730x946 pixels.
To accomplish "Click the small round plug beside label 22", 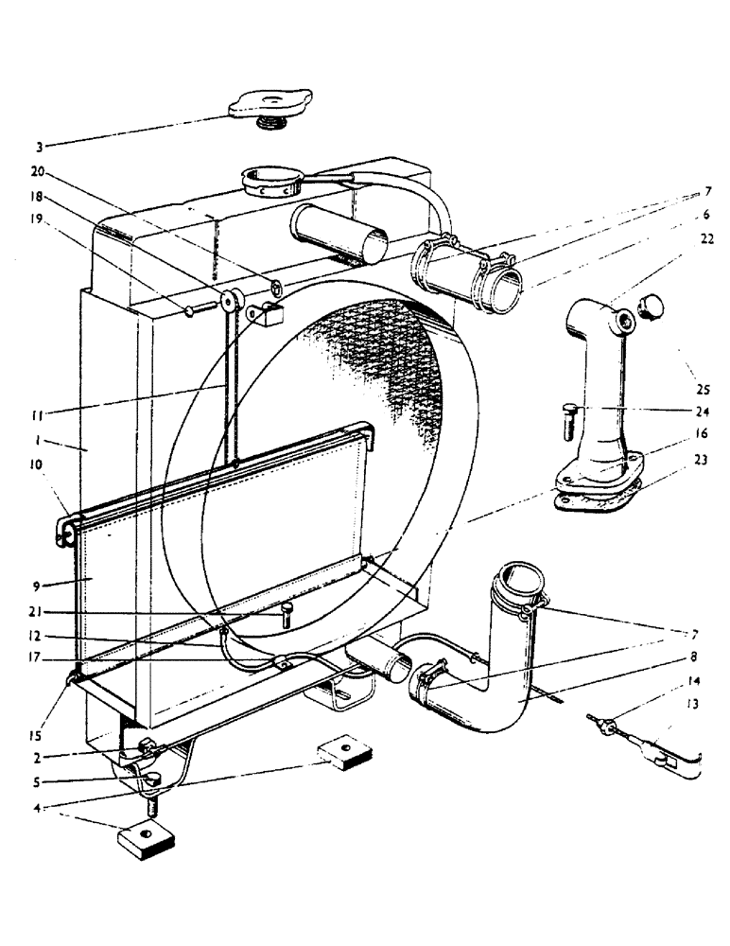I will [x=652, y=304].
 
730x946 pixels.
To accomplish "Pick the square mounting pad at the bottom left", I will [x=146, y=837].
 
